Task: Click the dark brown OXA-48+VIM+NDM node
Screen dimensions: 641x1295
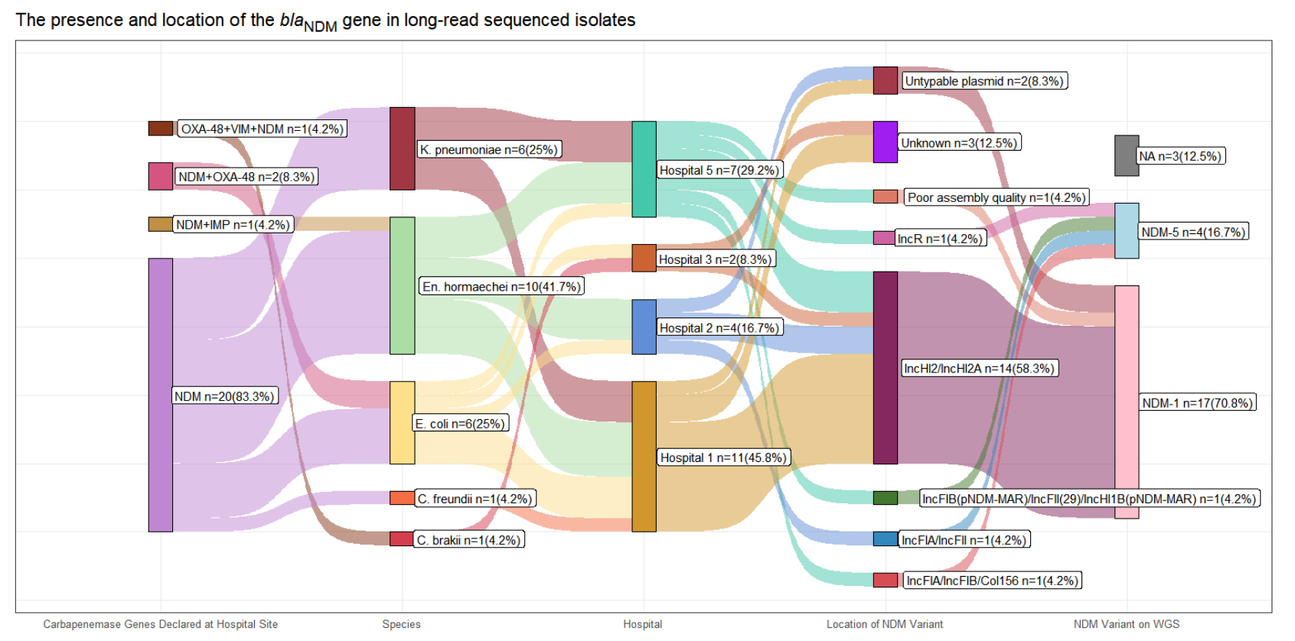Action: point(160,129)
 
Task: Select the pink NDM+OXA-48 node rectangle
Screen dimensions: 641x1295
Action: point(160,176)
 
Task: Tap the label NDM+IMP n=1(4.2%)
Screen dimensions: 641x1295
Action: point(233,225)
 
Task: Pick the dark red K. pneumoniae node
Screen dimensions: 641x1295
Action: point(402,148)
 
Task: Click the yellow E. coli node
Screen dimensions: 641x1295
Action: point(402,422)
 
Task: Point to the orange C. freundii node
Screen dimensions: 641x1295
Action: point(402,498)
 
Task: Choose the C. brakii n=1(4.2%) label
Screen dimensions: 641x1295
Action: point(468,540)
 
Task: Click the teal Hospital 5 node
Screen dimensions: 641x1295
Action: point(644,169)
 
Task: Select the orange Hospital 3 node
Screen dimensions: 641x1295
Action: point(644,259)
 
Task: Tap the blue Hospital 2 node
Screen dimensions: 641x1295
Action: point(644,327)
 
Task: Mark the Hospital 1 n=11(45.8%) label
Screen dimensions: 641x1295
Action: point(723,457)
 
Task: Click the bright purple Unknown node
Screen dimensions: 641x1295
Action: point(886,142)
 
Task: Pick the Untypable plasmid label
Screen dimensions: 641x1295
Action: point(984,81)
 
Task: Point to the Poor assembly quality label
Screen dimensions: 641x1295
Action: point(997,197)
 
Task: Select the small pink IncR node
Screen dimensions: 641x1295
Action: point(884,238)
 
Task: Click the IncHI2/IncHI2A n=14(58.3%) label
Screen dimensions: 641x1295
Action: point(979,369)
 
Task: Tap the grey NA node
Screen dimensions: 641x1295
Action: point(1127,155)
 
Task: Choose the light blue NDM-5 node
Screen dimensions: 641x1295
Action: point(1127,230)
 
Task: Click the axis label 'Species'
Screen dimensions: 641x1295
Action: point(401,624)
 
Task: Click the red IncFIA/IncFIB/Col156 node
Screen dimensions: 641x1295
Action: point(886,580)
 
